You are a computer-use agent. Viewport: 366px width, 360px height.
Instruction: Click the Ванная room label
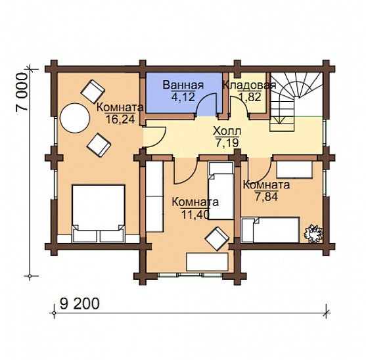coord(183,85)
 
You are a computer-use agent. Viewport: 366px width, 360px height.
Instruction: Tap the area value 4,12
coord(183,97)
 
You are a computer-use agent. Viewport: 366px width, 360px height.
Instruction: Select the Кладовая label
coord(250,85)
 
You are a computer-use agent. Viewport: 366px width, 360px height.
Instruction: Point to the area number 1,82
coord(250,97)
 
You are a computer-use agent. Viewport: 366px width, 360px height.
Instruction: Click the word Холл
coord(227,131)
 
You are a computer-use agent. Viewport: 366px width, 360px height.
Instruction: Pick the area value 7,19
coord(227,143)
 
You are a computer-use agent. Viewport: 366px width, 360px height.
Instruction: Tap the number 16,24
coord(120,119)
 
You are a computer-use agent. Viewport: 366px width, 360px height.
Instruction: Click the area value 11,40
coord(195,215)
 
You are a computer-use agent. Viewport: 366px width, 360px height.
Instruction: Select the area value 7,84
coord(267,196)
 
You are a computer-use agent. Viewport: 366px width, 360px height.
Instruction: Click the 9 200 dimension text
coord(80,304)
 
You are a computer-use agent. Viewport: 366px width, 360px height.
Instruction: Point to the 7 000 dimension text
coord(22,92)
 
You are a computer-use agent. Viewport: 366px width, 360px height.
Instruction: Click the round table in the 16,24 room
coord(75,118)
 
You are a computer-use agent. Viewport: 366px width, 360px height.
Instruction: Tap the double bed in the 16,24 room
coord(99,214)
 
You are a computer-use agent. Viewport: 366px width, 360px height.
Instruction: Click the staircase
coord(296,101)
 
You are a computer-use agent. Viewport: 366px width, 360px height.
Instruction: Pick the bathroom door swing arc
coord(206,102)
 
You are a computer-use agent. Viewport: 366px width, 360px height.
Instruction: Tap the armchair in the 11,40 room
coord(217,238)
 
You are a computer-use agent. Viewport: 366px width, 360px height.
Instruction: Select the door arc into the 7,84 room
coord(260,171)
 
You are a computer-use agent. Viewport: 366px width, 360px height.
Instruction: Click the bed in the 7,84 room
coord(271,230)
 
